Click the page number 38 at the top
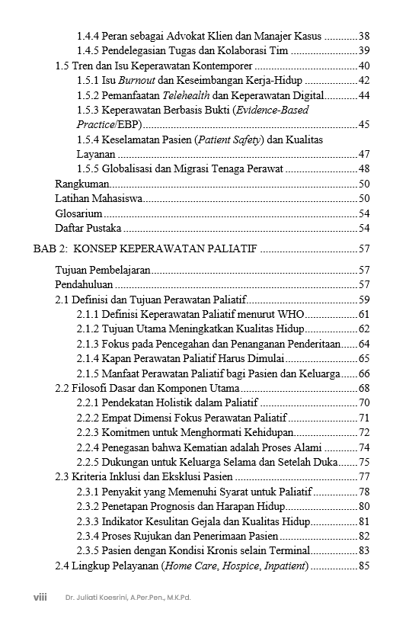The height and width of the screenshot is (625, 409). coord(363,37)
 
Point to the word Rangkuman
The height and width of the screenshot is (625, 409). coord(82,184)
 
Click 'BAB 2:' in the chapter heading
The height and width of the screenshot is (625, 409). coord(51,249)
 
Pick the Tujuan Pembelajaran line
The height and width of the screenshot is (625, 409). coord(103,270)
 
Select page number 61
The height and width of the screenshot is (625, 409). coord(363,314)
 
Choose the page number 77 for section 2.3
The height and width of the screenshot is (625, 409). coord(363,476)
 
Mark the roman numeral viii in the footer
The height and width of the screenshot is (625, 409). coord(40,598)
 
